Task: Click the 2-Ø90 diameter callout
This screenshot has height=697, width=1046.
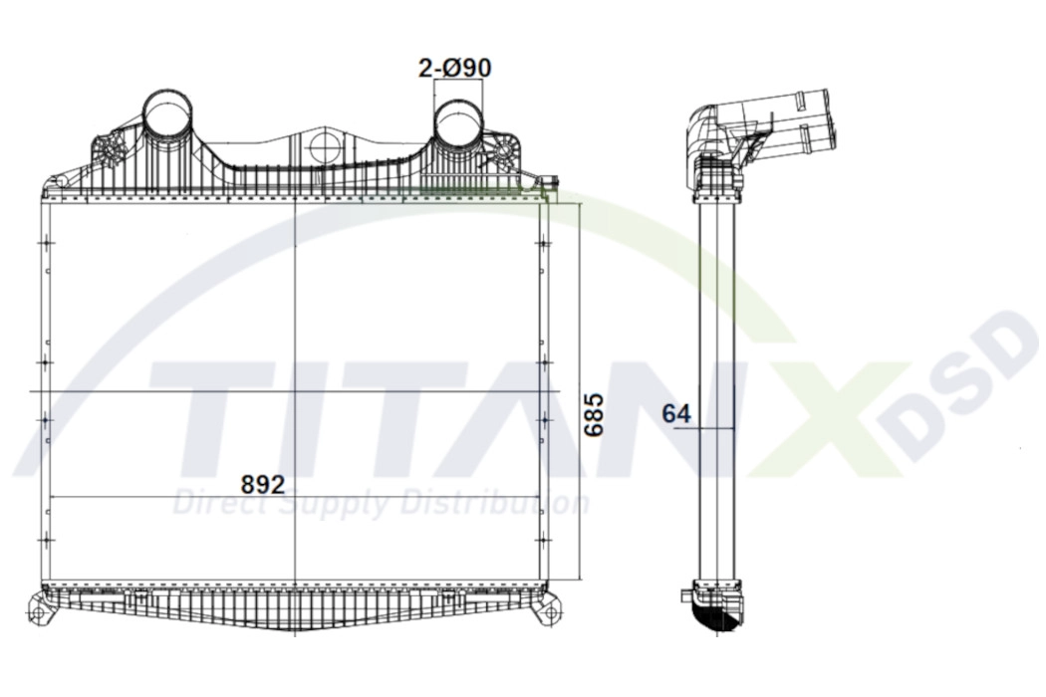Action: [454, 68]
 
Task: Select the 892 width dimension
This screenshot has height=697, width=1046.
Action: [263, 484]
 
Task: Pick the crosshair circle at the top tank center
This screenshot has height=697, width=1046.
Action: [325, 147]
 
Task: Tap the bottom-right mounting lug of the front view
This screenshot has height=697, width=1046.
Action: [547, 609]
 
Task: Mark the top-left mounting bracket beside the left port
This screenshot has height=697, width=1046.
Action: [109, 151]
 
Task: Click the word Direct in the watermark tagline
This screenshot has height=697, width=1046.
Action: [214, 504]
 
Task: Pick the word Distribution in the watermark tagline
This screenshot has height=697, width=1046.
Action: [498, 504]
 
